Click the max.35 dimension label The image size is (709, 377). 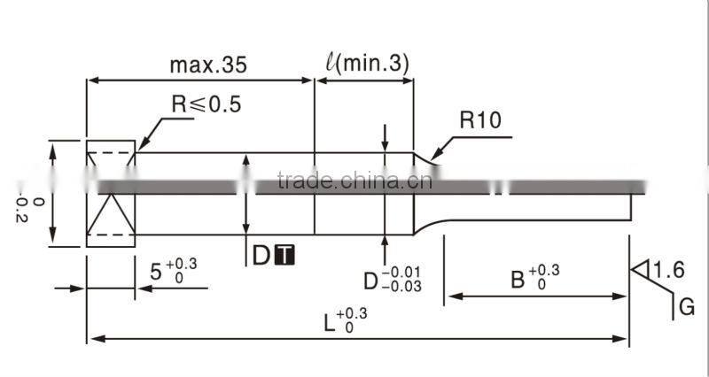point(209,65)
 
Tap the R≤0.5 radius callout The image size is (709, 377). point(206,104)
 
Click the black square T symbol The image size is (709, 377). point(285,256)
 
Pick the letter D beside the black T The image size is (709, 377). point(262,256)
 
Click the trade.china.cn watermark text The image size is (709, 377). point(354,181)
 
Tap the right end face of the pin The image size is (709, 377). point(631,207)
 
